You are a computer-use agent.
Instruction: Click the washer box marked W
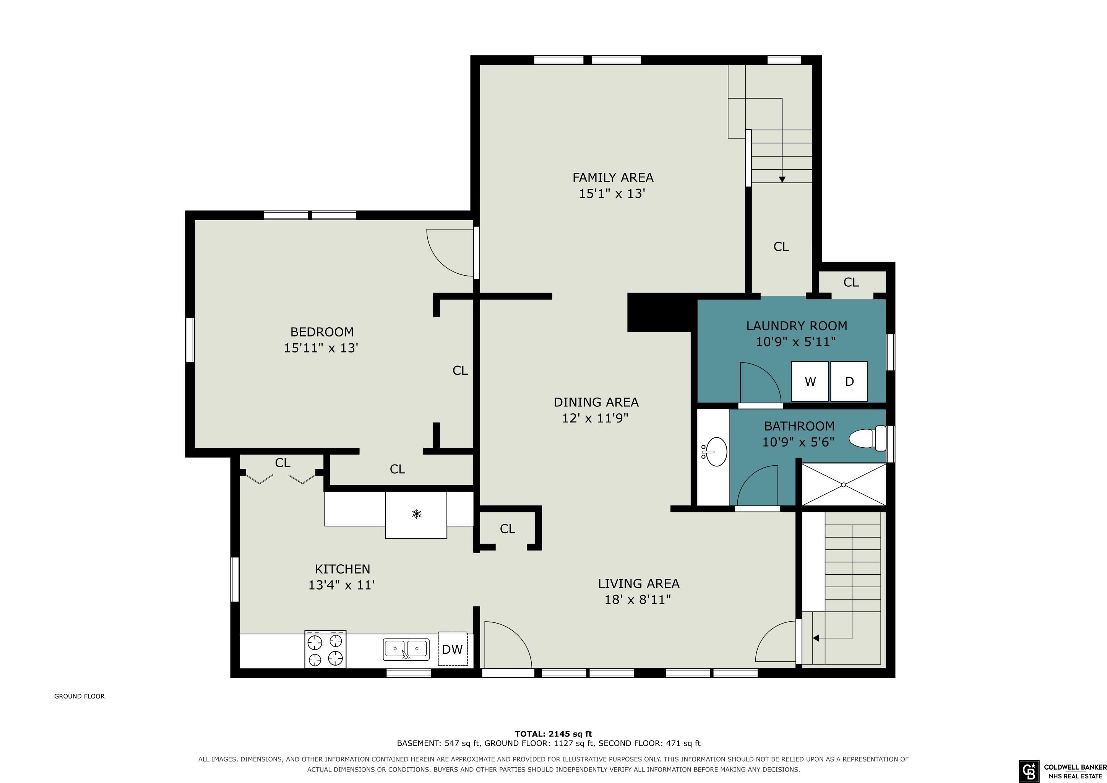coord(810,382)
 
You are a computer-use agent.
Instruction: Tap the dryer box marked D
coord(849,382)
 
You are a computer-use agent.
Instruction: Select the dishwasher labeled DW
coord(452,649)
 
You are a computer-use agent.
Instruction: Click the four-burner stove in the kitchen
coord(325,649)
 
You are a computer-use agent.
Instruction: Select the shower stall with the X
coord(844,484)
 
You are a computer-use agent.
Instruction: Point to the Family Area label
coord(613,177)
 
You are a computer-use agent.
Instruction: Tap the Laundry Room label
coord(797,326)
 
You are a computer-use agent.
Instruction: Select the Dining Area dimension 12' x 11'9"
coord(596,417)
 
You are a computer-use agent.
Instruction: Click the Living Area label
coord(638,583)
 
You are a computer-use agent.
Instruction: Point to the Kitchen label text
coord(342,569)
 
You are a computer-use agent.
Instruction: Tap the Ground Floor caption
coord(79,696)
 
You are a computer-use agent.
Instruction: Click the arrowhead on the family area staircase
coord(782,179)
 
